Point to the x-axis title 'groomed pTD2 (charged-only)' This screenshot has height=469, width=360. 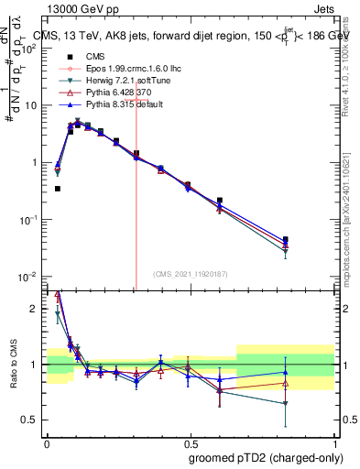click(265, 458)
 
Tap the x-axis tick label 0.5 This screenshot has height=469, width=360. click(191, 441)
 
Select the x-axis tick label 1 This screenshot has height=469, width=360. click(334, 441)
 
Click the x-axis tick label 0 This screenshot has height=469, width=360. click(47, 441)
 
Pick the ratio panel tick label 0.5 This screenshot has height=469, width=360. click(31, 420)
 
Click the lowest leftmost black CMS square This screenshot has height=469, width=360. click(58, 189)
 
